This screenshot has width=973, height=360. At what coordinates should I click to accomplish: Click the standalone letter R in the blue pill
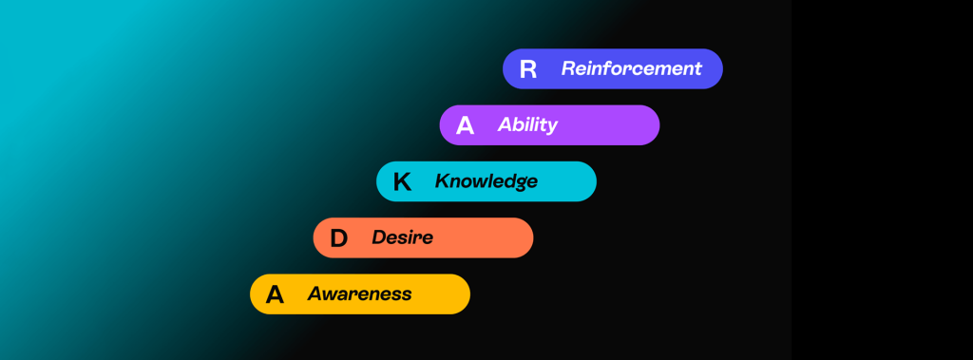tap(528, 69)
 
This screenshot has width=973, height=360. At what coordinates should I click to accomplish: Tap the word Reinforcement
tap(631, 68)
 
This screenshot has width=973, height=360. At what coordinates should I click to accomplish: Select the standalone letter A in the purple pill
tap(465, 125)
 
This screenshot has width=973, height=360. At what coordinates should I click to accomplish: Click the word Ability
tap(527, 125)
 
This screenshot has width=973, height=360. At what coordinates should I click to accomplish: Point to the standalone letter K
tap(402, 181)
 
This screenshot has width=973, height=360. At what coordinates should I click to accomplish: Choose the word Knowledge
tap(486, 181)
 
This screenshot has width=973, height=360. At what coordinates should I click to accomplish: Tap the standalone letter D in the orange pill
tap(338, 238)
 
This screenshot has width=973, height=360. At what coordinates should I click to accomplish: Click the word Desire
tap(402, 237)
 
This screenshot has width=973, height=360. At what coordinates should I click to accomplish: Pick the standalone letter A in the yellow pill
tap(275, 294)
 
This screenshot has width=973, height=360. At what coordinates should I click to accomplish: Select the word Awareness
tap(359, 294)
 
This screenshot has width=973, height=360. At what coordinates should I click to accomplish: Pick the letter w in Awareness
tap(328, 294)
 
